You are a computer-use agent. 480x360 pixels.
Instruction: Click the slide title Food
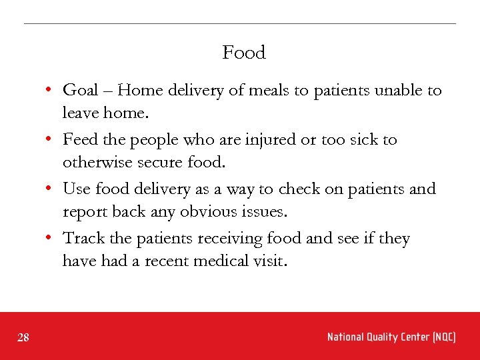(x=244, y=53)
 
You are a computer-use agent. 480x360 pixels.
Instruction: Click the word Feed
(x=78, y=139)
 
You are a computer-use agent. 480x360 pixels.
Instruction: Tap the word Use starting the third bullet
(x=77, y=189)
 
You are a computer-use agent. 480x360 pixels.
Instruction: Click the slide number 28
(x=23, y=338)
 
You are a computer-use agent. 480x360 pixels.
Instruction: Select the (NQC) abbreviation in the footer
(x=443, y=337)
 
